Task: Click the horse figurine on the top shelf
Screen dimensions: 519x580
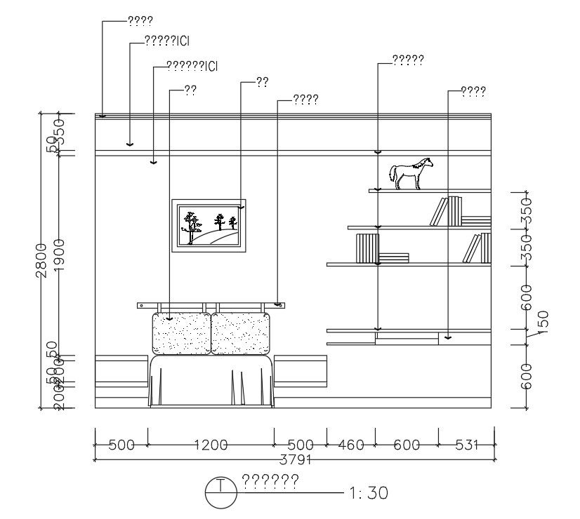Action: (x=411, y=174)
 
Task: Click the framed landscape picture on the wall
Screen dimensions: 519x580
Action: (x=210, y=225)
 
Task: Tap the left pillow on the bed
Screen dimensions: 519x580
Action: (x=181, y=334)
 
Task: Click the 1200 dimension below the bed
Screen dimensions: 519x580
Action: (x=211, y=445)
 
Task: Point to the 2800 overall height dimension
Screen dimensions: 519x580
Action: (x=41, y=259)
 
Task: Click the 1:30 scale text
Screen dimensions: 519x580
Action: (x=368, y=493)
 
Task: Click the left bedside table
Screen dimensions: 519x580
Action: (x=121, y=372)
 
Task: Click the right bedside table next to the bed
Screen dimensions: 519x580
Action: (x=301, y=372)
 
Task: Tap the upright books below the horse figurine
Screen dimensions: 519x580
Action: (x=447, y=211)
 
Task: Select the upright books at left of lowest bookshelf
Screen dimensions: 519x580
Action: (x=367, y=248)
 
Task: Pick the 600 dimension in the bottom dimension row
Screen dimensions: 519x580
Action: (x=407, y=445)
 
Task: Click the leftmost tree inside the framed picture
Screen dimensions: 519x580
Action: (x=190, y=225)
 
